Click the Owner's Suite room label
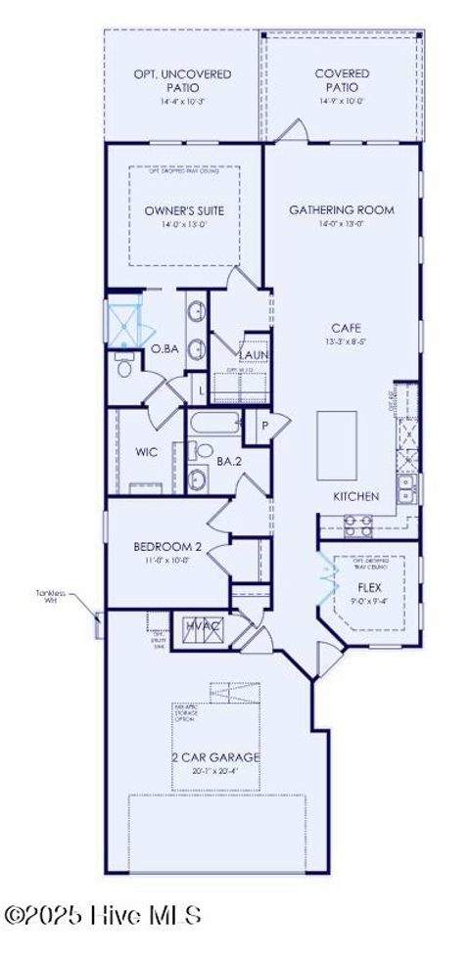click(x=183, y=210)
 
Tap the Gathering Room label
click(x=341, y=209)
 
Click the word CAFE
click(x=341, y=329)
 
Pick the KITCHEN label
click(x=355, y=496)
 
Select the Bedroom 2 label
click(x=167, y=547)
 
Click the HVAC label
click(x=202, y=626)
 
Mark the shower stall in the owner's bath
click(x=124, y=321)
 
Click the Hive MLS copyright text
click(x=102, y=916)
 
